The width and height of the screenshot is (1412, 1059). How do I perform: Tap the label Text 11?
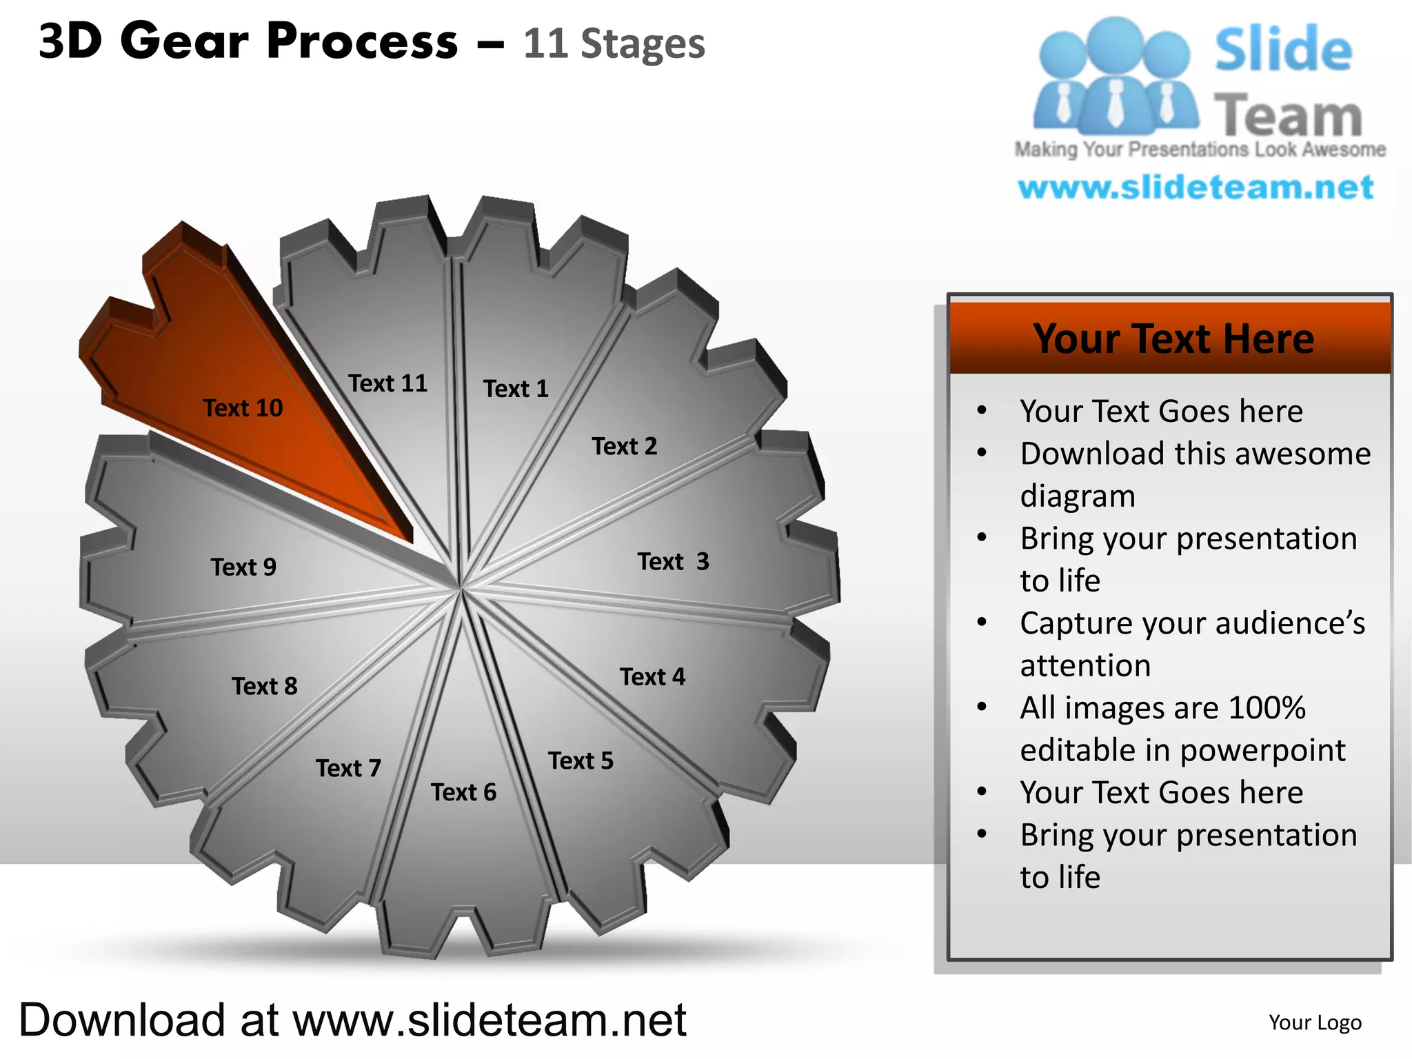point(387,383)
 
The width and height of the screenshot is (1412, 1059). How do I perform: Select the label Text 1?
point(516,389)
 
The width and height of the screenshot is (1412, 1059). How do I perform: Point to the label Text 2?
point(624,446)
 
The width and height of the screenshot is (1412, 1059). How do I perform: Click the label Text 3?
point(673,561)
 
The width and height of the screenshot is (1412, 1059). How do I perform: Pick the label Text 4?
point(652,676)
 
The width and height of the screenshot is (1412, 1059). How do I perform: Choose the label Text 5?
point(581,760)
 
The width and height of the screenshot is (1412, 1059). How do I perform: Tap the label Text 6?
point(463,792)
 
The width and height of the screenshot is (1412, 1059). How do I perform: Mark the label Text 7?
point(348,768)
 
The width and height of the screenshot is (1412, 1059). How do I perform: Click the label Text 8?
point(265,686)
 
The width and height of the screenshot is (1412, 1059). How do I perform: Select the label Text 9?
point(243,567)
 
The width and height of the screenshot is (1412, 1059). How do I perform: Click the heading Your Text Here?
point(1173,339)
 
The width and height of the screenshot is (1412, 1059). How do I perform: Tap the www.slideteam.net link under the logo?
point(1196,188)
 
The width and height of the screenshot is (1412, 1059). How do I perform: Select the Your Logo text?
point(1315,1022)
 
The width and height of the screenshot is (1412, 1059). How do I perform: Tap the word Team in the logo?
point(1287,115)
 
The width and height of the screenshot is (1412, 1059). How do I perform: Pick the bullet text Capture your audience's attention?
point(1191,644)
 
